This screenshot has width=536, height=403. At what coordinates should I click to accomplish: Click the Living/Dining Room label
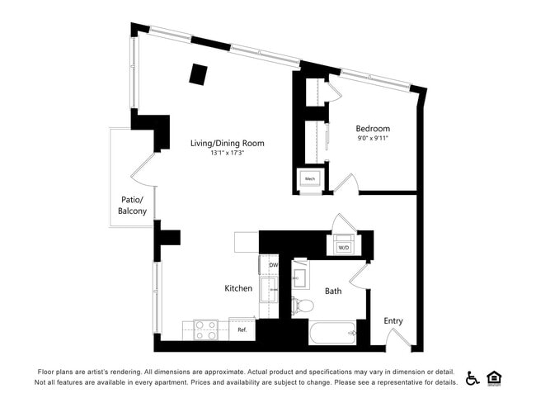click(227, 143)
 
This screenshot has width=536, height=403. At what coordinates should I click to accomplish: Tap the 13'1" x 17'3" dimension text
click(227, 153)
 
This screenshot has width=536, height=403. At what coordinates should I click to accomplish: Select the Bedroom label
click(373, 129)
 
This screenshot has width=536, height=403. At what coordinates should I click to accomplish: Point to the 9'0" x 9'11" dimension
click(373, 139)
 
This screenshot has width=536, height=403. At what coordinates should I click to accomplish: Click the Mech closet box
click(311, 178)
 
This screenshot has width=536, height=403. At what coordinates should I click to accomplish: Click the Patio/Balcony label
click(133, 206)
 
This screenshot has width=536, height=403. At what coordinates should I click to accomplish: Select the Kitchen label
click(238, 288)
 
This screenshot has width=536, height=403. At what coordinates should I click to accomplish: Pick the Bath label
click(333, 291)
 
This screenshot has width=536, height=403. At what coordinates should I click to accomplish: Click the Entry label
click(393, 320)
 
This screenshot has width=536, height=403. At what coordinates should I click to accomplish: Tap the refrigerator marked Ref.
click(242, 330)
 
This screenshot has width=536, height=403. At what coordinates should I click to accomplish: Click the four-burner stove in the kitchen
click(205, 330)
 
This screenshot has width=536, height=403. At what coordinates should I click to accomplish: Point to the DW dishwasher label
click(274, 265)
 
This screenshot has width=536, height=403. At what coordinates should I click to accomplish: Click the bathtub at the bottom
click(333, 334)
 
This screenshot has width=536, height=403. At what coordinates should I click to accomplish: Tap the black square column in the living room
click(198, 73)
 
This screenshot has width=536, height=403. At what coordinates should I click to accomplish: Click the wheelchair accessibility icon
click(473, 377)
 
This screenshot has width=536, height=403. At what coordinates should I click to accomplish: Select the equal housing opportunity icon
click(495, 377)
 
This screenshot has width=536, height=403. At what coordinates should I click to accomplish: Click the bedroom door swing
click(346, 183)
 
